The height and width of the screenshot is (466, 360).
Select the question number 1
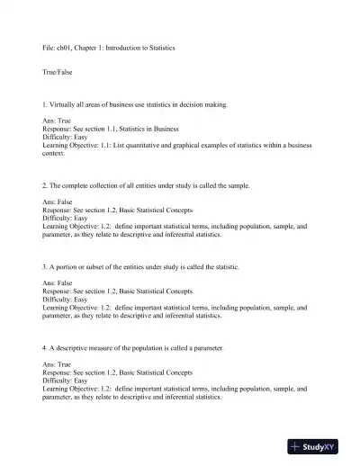[45, 105]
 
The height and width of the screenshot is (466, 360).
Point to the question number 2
[45, 185]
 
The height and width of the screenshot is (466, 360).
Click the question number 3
[45, 267]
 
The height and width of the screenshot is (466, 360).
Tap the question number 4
[45, 347]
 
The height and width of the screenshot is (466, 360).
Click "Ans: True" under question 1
[59, 121]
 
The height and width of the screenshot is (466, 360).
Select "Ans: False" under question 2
[60, 202]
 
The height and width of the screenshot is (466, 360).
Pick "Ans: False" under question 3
[60, 283]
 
